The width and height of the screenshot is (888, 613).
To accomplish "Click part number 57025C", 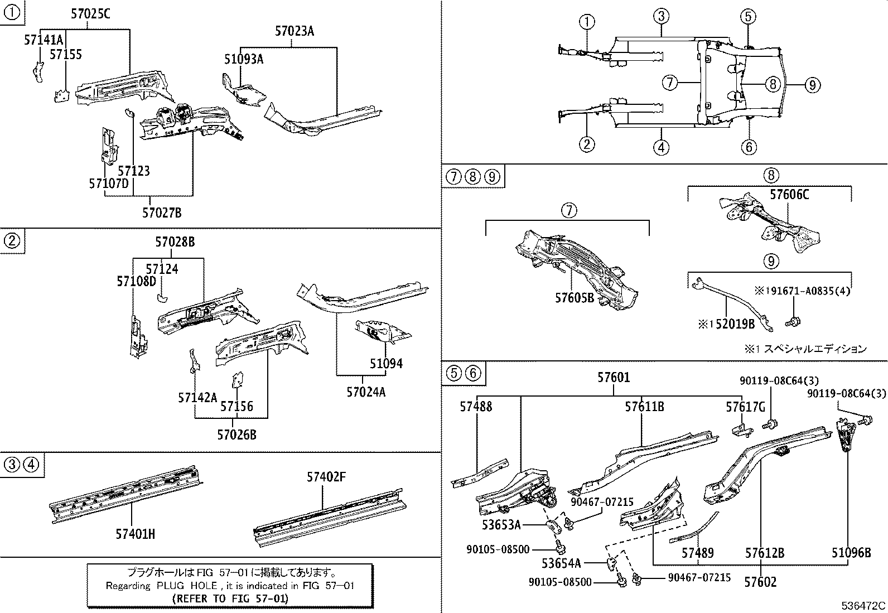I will pyautogui.click(x=90, y=15).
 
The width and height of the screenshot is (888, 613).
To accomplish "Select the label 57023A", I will pyautogui.click(x=294, y=31).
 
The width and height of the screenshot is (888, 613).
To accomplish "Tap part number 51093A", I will pyautogui.click(x=244, y=59).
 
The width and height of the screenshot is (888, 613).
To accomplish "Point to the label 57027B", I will pyautogui.click(x=162, y=213).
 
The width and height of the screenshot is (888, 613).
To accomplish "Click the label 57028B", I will pyautogui.click(x=175, y=242).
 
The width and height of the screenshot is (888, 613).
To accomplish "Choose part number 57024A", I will pyautogui.click(x=366, y=392).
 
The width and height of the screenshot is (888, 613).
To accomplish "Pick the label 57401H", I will pyautogui.click(x=135, y=534).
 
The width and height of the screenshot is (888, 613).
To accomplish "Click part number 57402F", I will pyautogui.click(x=326, y=477).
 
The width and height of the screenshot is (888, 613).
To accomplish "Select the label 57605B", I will pyautogui.click(x=575, y=298).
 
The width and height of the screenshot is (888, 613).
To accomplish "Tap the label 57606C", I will pyautogui.click(x=789, y=195).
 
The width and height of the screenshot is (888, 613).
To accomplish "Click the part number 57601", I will pyautogui.click(x=614, y=378).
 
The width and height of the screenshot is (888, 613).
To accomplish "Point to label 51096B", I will pyautogui.click(x=851, y=553).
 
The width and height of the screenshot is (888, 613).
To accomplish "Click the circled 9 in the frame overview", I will pyautogui.click(x=812, y=85).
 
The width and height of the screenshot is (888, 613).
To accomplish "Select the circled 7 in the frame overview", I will pyautogui.click(x=670, y=83).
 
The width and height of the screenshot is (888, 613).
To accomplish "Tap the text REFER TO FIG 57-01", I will pyautogui.click(x=230, y=598).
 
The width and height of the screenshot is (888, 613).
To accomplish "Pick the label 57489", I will pyautogui.click(x=697, y=553).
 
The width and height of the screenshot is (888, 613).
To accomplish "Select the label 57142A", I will pyautogui.click(x=197, y=397).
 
